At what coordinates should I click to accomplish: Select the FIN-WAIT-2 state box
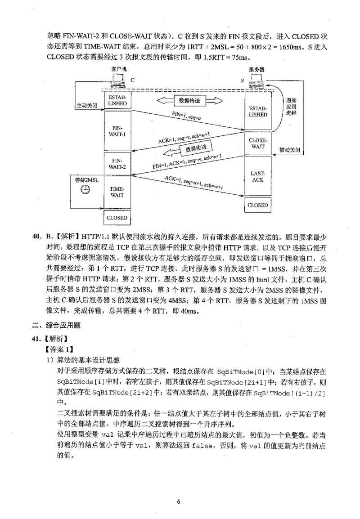coord(118,164)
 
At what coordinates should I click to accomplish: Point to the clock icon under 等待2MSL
coord(85,190)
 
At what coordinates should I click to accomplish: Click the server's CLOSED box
coord(258,205)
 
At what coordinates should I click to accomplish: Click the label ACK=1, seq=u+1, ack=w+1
coord(193,182)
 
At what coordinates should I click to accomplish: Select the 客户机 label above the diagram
coord(119,69)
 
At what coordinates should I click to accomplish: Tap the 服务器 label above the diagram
coord(256,69)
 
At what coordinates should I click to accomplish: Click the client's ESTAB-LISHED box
coord(118,100)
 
